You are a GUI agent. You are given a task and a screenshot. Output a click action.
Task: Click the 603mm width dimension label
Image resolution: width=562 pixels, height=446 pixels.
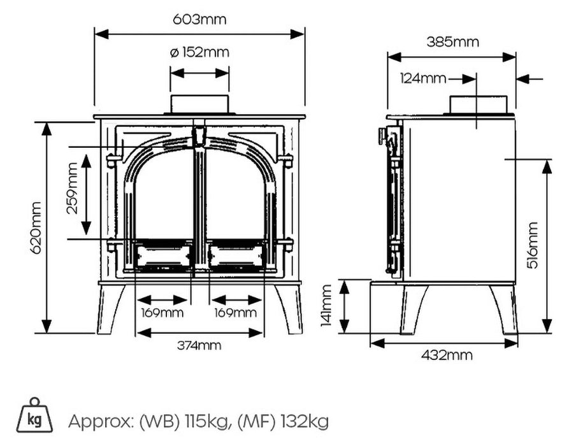[199, 19]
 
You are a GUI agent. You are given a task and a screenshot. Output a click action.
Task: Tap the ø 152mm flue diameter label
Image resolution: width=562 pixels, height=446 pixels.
[199, 52]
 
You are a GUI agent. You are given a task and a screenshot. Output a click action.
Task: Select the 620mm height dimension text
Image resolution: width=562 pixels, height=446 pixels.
[36, 227]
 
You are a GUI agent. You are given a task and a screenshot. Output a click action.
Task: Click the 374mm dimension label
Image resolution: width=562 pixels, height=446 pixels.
[200, 345]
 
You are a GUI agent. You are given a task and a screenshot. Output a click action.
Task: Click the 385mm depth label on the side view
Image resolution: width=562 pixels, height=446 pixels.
[452, 43]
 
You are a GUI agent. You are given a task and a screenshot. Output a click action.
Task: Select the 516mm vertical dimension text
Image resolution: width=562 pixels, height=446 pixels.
[533, 245]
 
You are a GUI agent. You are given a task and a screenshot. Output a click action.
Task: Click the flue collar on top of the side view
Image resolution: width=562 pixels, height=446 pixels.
[478, 104]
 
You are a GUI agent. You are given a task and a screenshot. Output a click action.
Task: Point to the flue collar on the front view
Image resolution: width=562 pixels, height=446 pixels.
[199, 104]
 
